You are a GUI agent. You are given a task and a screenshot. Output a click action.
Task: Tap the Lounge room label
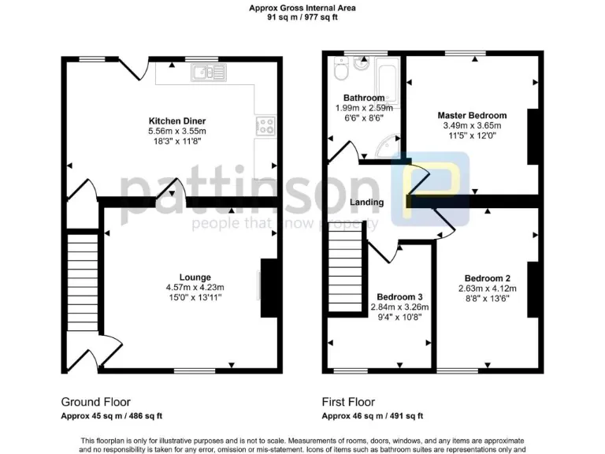(195, 277)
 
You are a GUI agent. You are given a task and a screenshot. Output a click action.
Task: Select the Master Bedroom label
(472, 115)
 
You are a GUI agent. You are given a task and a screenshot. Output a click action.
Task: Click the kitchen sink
(208, 72)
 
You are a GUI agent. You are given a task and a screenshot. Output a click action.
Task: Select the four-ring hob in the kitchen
(265, 125)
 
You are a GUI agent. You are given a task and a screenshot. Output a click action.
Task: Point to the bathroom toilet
(340, 72)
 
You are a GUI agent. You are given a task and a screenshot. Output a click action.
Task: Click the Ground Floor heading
(95, 401)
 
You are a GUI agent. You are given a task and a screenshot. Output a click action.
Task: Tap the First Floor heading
(348, 401)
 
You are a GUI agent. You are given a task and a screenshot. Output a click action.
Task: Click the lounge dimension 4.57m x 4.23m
(195, 287)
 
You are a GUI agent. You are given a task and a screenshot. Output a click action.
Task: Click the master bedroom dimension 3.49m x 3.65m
(472, 125)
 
